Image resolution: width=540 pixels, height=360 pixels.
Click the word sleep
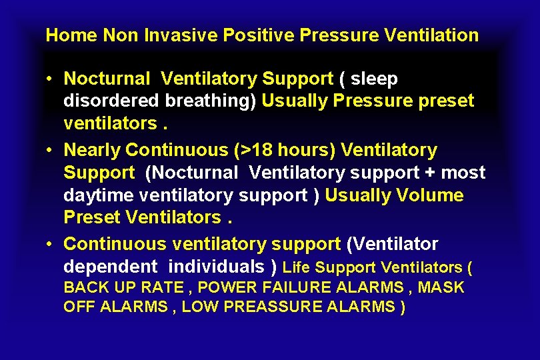click(374, 79)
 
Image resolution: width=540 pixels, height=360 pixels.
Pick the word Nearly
click(91, 151)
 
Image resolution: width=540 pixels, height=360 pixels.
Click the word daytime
click(99, 196)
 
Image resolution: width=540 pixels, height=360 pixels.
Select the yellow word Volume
click(430, 196)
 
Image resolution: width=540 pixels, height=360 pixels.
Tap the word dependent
click(110, 267)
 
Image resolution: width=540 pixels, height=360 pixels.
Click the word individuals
click(217, 267)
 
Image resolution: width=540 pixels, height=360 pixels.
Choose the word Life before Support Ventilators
click(297, 268)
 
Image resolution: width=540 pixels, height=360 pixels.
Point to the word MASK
click(441, 288)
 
